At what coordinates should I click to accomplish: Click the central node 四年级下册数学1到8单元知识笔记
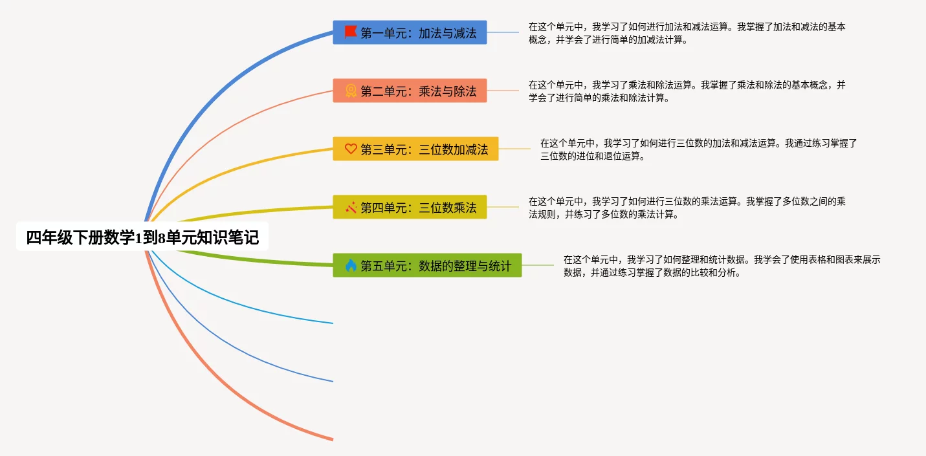click(x=142, y=237)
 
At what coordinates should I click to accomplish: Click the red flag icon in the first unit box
click(x=351, y=32)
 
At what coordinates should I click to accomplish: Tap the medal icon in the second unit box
click(x=351, y=91)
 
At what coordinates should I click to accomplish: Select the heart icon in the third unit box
click(x=351, y=149)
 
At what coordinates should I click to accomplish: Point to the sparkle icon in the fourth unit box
click(x=351, y=207)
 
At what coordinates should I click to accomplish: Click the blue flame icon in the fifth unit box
click(x=351, y=265)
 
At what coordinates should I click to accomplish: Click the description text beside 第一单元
click(x=687, y=33)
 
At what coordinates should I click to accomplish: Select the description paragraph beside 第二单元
click(x=687, y=91)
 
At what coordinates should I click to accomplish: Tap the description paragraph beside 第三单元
click(x=698, y=149)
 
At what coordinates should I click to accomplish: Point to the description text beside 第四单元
click(x=687, y=208)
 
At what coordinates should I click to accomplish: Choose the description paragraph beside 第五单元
click(x=722, y=266)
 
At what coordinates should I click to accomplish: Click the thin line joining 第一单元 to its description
click(x=503, y=32)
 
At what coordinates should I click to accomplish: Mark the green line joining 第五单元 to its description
click(x=537, y=265)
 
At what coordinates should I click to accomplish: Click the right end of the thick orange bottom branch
click(x=331, y=439)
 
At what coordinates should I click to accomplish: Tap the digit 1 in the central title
click(x=137, y=238)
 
